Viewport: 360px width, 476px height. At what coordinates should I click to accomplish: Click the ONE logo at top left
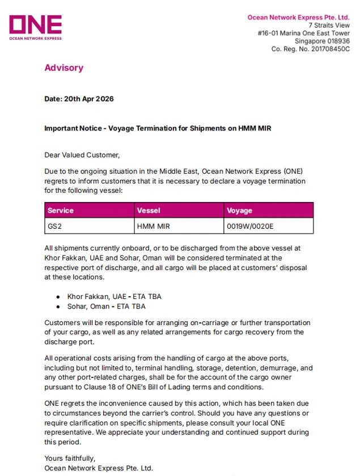35,27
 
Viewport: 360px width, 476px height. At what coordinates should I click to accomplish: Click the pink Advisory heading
63,68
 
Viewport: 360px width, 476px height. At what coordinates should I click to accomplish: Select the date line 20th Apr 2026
79,99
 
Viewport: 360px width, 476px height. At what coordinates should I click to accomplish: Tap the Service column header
61,210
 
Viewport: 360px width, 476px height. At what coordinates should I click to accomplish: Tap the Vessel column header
149,210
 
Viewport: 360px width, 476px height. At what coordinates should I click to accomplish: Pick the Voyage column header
239,210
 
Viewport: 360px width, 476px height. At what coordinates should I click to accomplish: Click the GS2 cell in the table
55,226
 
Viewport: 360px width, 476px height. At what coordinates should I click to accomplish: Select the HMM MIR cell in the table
154,226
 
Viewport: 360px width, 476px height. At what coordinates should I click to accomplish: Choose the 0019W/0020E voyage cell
250,226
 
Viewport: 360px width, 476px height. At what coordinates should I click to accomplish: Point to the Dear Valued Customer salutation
82,154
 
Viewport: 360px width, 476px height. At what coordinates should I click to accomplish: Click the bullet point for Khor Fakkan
58,297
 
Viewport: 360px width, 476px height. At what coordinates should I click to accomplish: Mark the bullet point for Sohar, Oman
58,306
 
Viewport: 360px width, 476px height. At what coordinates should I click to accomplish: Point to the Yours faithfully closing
70,458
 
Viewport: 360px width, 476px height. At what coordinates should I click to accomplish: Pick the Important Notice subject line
158,128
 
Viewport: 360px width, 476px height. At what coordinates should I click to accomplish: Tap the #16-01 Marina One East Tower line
303,33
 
